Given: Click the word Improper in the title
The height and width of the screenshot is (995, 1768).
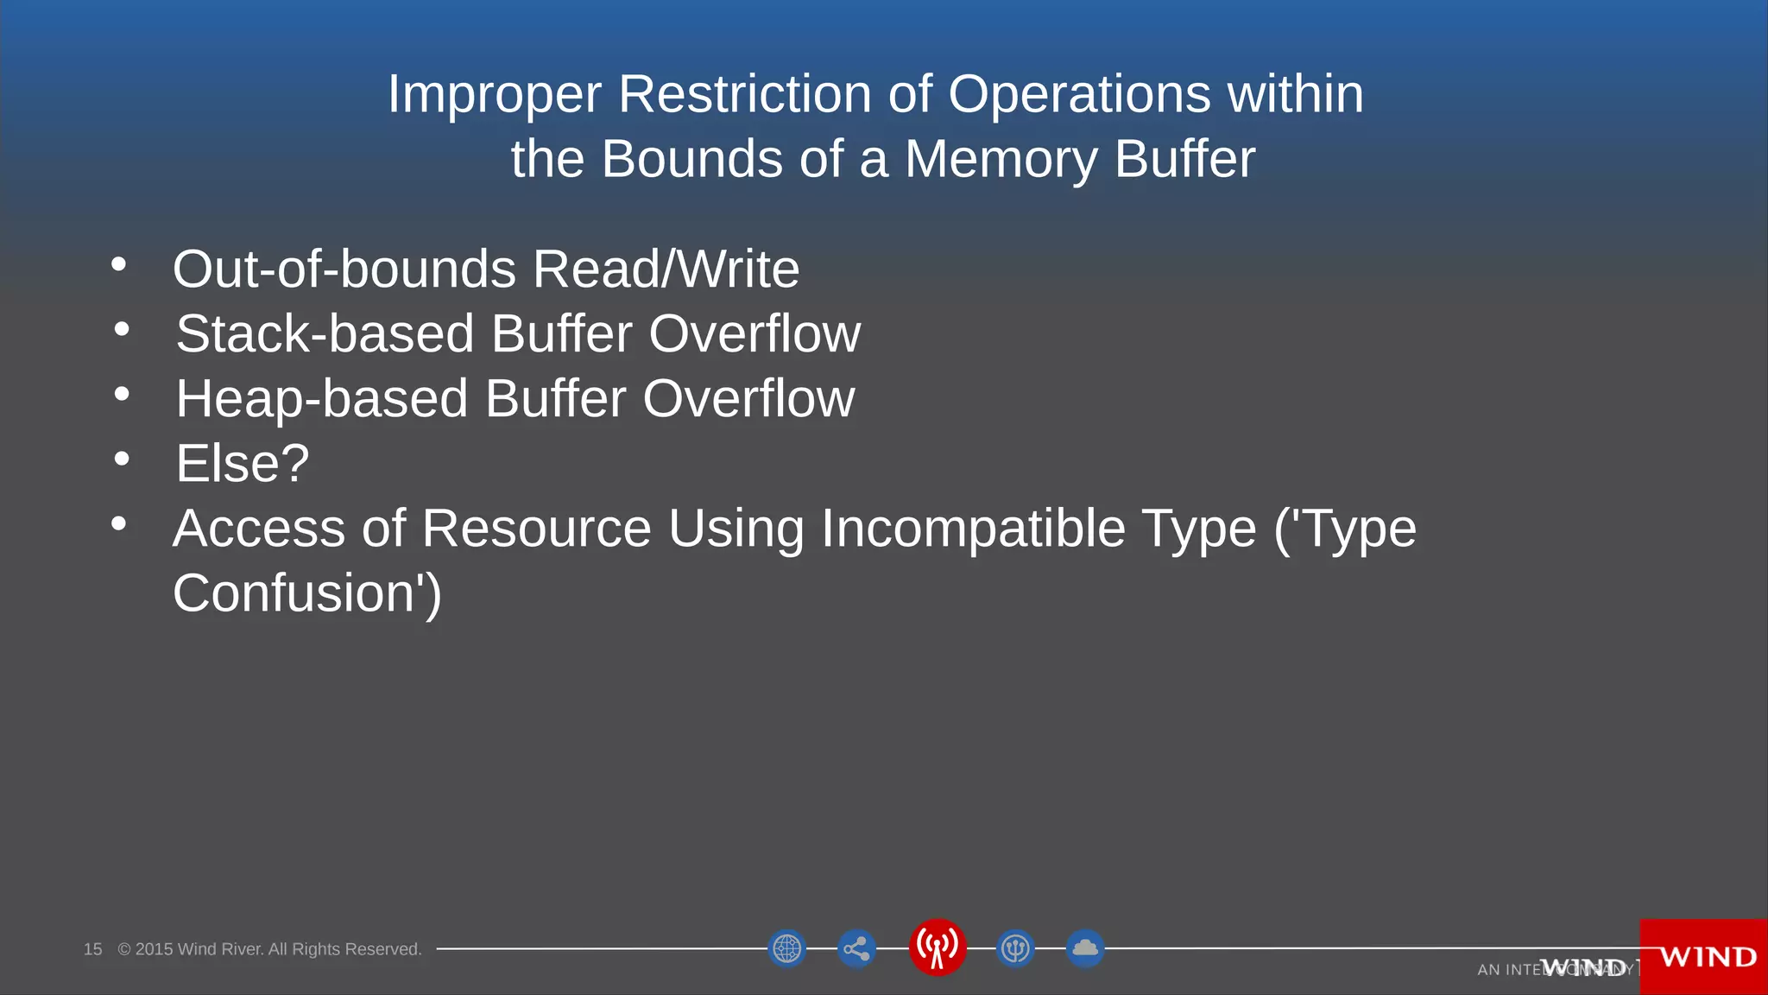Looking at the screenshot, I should (495, 95).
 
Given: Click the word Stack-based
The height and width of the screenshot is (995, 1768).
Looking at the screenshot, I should (325, 333).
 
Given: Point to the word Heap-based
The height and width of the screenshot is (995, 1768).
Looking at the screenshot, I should (321, 398).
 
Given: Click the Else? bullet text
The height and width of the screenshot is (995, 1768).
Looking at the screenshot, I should (243, 463).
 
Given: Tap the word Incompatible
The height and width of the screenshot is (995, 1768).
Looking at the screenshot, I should (973, 528).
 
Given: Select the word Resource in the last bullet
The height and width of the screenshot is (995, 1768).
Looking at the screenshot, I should (536, 528).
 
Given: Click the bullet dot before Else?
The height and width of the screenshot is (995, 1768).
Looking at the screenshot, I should (122, 459).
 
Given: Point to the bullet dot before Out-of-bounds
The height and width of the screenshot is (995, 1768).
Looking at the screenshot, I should (119, 264).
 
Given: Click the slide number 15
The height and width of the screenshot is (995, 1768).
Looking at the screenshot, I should (92, 949).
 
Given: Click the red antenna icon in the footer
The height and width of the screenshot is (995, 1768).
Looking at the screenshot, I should (937, 947).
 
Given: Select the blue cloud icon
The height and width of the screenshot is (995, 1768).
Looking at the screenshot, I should (1085, 948).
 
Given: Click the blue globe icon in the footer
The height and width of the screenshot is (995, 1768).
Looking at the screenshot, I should (786, 948).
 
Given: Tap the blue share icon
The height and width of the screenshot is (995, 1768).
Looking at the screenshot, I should (856, 949).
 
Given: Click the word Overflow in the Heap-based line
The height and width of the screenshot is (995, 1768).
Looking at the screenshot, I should (748, 398).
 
